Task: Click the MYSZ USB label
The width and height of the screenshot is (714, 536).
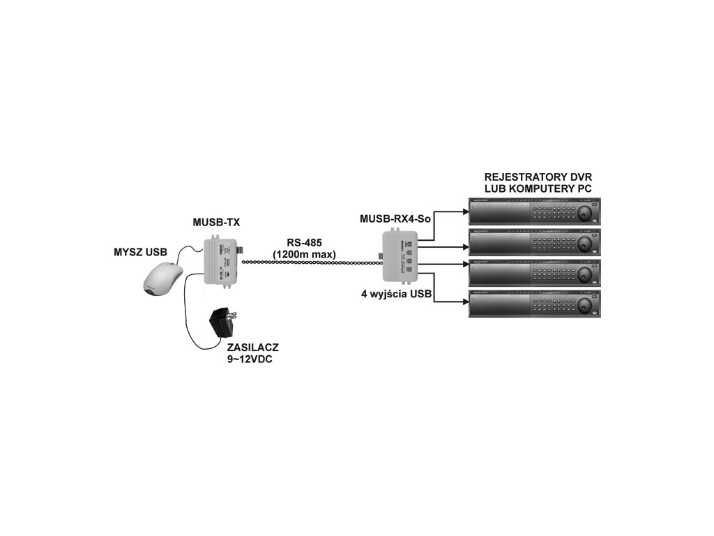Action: click(140, 251)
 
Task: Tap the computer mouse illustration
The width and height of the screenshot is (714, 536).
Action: click(164, 279)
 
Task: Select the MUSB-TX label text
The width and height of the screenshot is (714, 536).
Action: click(217, 223)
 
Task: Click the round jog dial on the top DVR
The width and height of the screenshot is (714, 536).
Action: click(584, 211)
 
